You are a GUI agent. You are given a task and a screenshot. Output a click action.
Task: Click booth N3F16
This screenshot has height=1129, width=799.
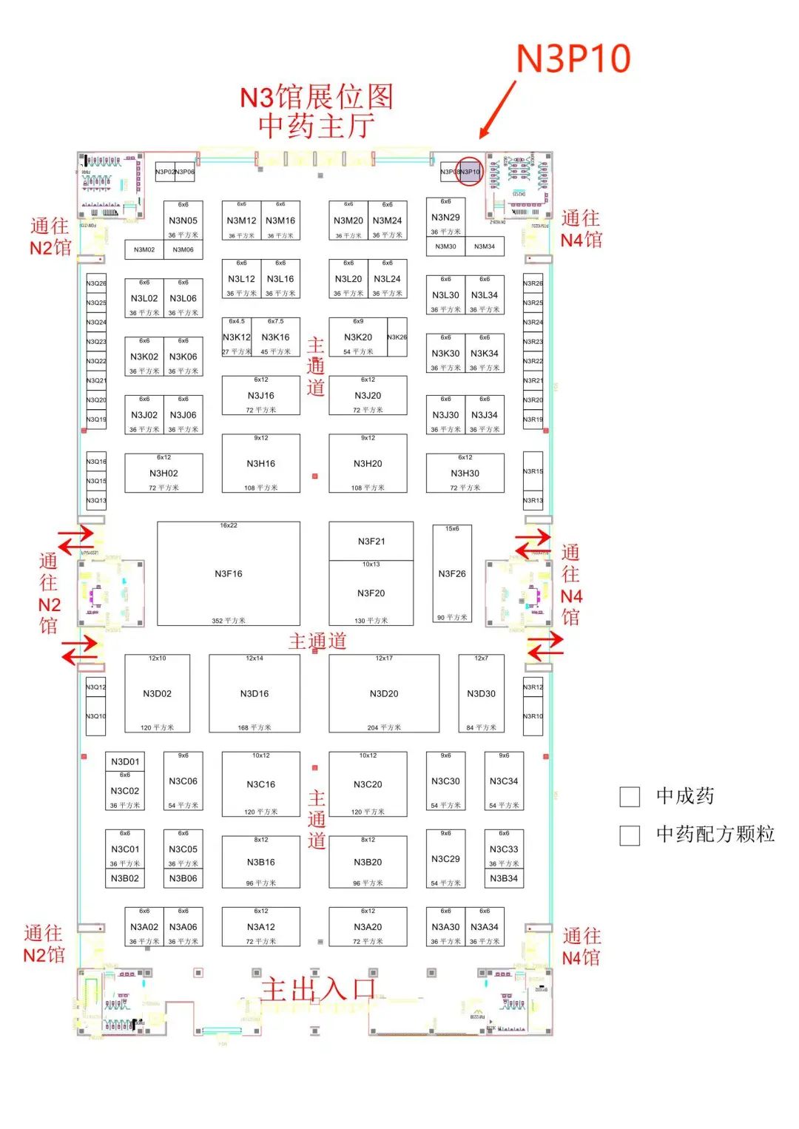pyautogui.click(x=228, y=573)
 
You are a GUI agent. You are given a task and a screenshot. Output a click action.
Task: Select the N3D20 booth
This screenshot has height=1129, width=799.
pyautogui.click(x=383, y=693)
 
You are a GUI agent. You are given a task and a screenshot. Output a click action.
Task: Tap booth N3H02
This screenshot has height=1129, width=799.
pyautogui.click(x=163, y=473)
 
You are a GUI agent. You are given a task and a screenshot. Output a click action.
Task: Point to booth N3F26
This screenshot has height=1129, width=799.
pyautogui.click(x=451, y=573)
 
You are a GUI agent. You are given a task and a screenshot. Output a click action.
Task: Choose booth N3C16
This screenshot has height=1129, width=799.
pyautogui.click(x=260, y=784)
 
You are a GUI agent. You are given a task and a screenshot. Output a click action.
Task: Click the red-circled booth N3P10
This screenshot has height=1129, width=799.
pyautogui.click(x=470, y=172)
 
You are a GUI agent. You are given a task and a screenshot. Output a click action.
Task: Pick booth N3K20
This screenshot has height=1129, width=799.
pyautogui.click(x=358, y=337)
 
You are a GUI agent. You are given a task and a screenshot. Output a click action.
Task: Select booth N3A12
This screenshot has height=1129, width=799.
pyautogui.click(x=260, y=927)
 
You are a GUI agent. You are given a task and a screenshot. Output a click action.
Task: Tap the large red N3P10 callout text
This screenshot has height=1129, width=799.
pyautogui.click(x=573, y=59)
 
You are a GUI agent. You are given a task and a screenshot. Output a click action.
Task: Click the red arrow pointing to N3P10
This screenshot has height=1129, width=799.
pyautogui.click(x=497, y=109)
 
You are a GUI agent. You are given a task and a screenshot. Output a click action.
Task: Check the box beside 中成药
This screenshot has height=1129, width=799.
pyautogui.click(x=630, y=797)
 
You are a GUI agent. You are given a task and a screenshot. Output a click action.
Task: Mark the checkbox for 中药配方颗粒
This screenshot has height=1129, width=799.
pyautogui.click(x=630, y=835)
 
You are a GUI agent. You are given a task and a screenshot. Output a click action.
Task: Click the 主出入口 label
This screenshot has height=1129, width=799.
pyautogui.click(x=318, y=989)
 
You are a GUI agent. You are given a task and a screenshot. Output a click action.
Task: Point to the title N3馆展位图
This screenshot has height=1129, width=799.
pyautogui.click(x=317, y=97)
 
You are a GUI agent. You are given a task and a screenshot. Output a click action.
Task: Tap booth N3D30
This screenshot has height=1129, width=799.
pyautogui.click(x=481, y=693)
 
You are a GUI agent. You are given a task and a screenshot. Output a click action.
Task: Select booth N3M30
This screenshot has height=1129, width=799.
pyautogui.click(x=445, y=246)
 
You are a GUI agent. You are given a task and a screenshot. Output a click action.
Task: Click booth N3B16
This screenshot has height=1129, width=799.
pyautogui.click(x=260, y=862)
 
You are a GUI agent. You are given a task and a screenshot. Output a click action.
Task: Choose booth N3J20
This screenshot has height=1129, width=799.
pyautogui.click(x=368, y=396)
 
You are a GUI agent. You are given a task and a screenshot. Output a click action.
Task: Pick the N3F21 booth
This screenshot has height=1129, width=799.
pyautogui.click(x=371, y=542)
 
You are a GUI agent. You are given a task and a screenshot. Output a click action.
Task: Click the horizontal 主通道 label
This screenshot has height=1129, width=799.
pyautogui.click(x=317, y=641)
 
